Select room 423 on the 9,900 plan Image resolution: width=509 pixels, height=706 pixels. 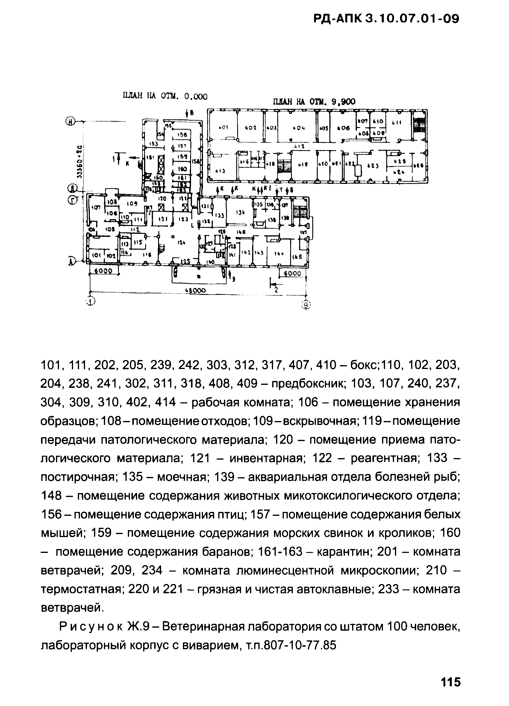pyautogui.click(x=373, y=166)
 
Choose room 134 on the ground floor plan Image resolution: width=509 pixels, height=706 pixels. pyautogui.click(x=240, y=213)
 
